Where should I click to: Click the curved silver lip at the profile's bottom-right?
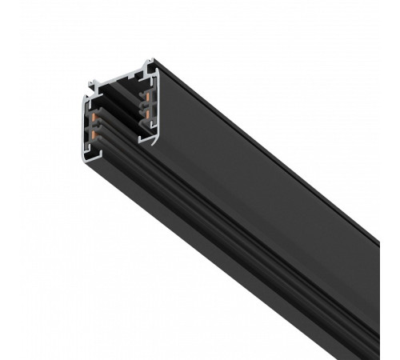[149, 141]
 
